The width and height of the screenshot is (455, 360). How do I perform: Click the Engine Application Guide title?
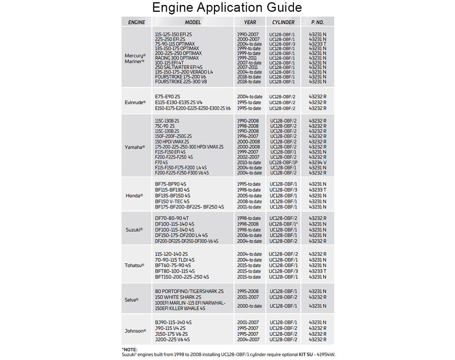coord(227,8)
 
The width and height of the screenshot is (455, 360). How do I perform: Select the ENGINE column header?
coord(136,22)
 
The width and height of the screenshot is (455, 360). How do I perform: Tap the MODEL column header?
coord(193,22)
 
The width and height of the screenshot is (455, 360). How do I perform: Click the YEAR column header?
coord(250,22)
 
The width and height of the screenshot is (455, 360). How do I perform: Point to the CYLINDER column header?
coord(283,22)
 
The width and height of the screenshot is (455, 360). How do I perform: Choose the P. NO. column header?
coord(317,22)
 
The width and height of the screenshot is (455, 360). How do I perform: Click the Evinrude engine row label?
coord(135,102)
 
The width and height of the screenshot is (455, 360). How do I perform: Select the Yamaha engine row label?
coord(135,147)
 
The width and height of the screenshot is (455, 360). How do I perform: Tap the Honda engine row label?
coord(134,196)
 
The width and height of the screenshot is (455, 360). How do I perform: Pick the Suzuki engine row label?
coord(134,230)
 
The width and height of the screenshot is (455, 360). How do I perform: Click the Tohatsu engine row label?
coord(135,265)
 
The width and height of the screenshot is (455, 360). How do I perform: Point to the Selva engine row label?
coord(132,299)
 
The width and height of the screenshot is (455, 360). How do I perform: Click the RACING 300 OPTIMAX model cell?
coord(177,58)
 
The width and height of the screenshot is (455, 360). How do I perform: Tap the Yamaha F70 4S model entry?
coord(162,162)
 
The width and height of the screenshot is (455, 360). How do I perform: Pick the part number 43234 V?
coord(317,162)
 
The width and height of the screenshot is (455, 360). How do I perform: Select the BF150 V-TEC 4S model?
coord(172,201)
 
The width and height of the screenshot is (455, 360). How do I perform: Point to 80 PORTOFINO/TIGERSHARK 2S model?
coord(189,291)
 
